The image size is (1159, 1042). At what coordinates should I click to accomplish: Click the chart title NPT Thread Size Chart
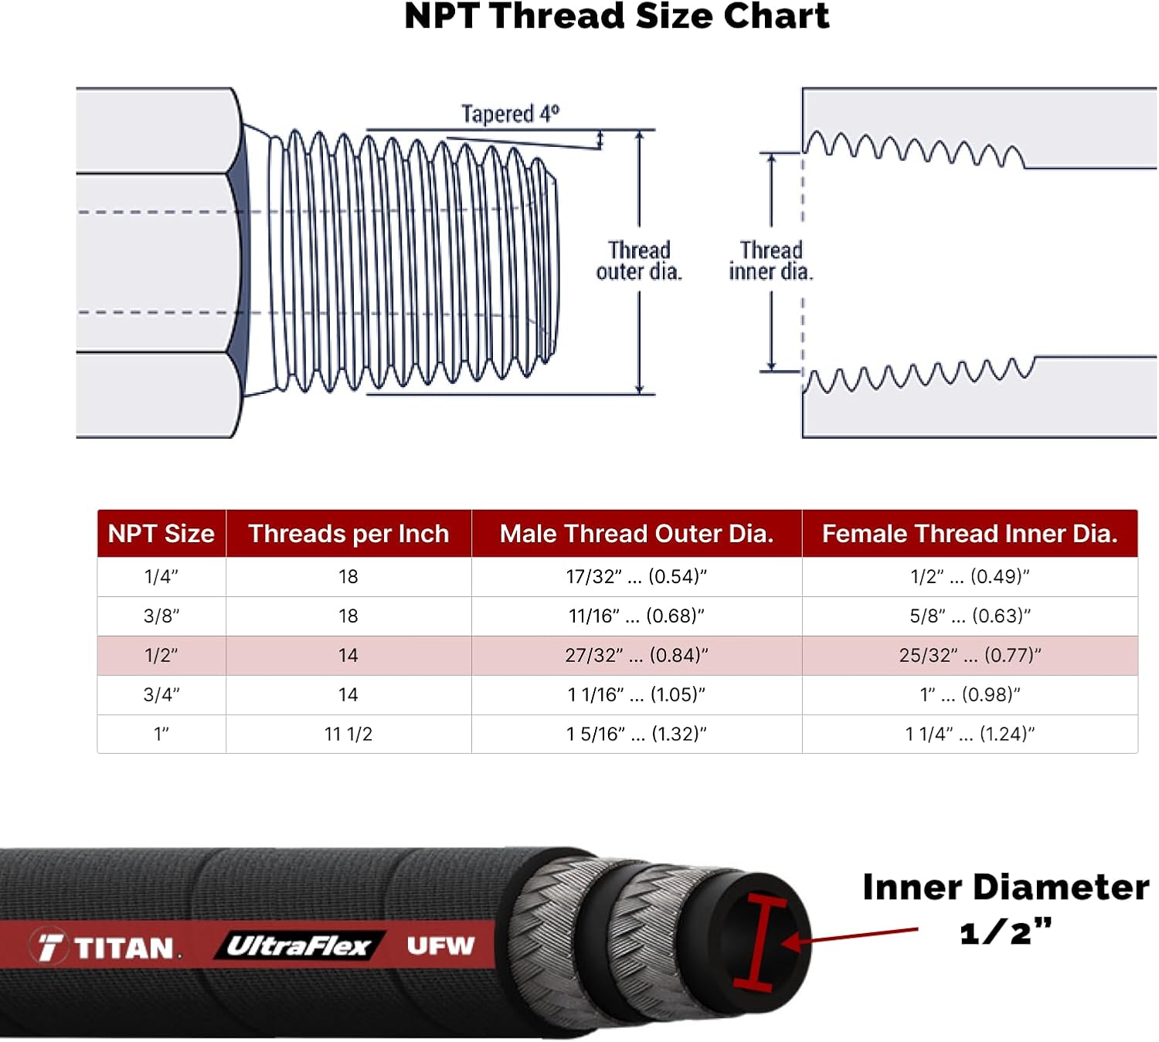[617, 17]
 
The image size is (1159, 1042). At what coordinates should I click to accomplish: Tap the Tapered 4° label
[510, 114]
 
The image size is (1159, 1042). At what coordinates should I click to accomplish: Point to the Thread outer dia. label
[639, 261]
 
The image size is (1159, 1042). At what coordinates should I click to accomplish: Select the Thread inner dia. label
[770, 261]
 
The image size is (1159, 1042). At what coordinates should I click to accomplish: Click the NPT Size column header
[161, 534]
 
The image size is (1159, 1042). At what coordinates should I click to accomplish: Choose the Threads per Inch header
[348, 534]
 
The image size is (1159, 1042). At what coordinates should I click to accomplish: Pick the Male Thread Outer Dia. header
[637, 534]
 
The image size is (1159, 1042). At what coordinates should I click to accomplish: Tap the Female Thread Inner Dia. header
[970, 534]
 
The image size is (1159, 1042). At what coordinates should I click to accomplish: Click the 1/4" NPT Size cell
[161, 577]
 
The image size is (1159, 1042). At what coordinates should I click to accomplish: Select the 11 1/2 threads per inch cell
[348, 734]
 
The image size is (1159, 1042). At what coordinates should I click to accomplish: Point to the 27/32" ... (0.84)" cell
[637, 656]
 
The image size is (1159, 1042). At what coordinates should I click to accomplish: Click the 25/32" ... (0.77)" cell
[970, 656]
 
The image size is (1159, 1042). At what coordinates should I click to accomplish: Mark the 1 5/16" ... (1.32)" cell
[637, 734]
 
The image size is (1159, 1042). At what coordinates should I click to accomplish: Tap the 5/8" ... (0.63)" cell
[970, 616]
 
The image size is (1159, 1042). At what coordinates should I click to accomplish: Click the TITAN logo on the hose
[108, 947]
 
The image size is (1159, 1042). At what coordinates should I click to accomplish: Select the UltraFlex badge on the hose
[298, 946]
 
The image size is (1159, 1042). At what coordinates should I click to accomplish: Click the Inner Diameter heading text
[1005, 888]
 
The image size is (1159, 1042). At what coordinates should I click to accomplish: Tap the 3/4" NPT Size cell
[161, 695]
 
